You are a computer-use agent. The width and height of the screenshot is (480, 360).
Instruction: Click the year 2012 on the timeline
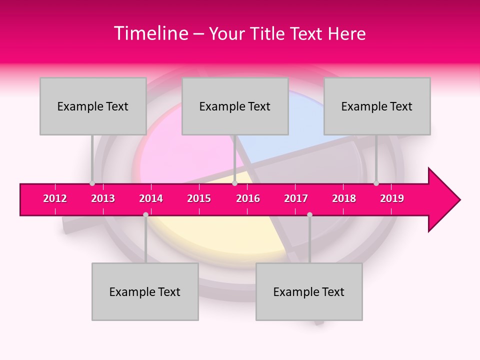tap(55, 198)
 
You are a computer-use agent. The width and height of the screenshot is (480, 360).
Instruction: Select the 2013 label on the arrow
tap(103, 198)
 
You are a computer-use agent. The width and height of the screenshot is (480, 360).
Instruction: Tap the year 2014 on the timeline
tap(151, 198)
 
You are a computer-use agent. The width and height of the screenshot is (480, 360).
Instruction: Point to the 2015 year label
tap(199, 198)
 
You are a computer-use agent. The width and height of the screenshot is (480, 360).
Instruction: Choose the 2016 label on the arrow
tap(248, 198)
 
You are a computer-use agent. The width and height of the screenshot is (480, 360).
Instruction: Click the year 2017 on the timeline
tap(296, 198)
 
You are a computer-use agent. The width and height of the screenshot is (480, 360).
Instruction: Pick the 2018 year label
tap(344, 198)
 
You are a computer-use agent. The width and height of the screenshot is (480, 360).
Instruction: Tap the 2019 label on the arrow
tap(392, 198)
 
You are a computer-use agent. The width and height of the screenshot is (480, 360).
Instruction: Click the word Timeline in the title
tap(150, 33)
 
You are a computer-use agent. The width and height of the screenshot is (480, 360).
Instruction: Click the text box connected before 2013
tap(93, 106)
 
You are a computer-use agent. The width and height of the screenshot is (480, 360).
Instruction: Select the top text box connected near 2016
tap(235, 106)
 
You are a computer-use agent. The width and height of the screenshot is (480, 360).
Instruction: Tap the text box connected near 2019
tap(377, 106)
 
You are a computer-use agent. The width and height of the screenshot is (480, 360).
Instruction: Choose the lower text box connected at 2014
tap(145, 291)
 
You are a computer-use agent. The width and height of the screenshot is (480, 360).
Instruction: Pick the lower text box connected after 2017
tap(309, 291)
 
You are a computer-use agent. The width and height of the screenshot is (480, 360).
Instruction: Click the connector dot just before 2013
tap(92, 183)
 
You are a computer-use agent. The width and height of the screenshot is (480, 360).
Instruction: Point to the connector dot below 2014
tap(145, 214)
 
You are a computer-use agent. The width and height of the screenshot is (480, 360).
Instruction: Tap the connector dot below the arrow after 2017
tap(309, 214)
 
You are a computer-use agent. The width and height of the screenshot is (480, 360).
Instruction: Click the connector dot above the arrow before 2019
tap(376, 183)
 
